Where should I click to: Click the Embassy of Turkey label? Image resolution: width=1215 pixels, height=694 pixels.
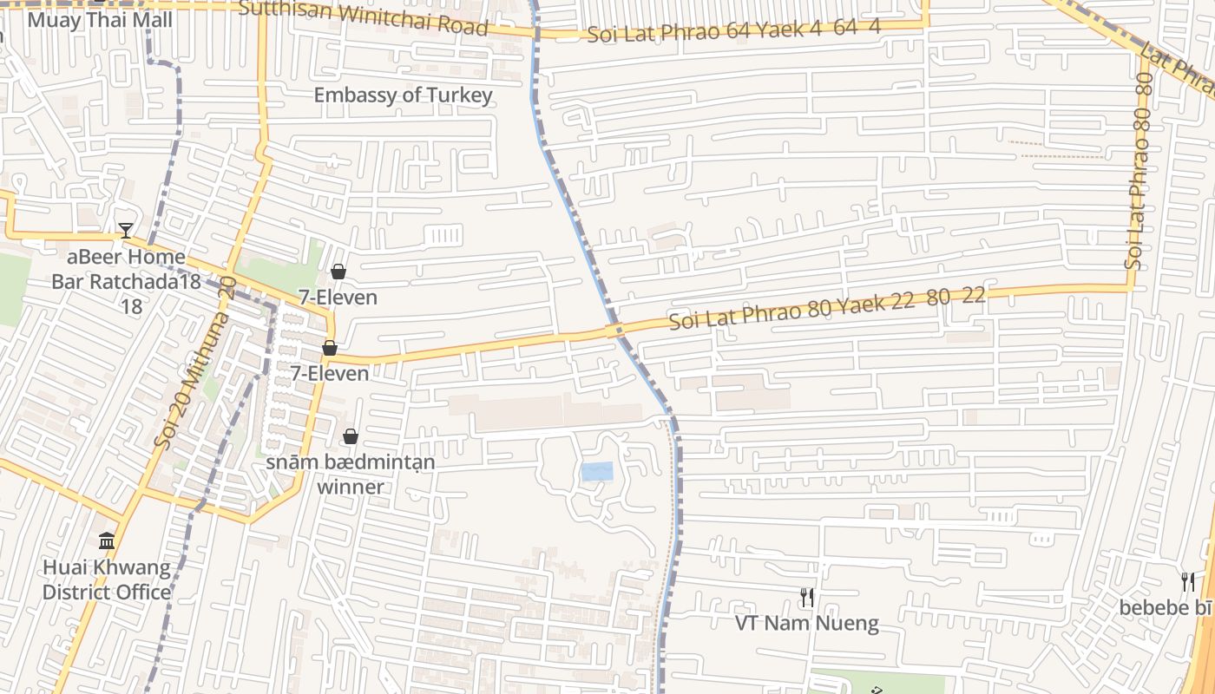(403, 95)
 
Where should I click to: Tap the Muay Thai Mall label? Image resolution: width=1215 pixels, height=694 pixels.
(101, 19)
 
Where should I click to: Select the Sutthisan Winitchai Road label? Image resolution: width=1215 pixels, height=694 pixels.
(363, 17)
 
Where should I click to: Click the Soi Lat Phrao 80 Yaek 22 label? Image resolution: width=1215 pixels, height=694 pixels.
(826, 309)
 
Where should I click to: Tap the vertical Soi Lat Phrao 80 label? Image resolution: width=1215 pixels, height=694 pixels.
(1140, 171)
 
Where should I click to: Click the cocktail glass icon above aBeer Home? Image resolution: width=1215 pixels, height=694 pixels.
(126, 230)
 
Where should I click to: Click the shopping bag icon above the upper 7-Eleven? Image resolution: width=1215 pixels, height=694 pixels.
(338, 272)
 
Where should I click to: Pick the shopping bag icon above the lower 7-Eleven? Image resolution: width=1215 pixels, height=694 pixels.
(330, 348)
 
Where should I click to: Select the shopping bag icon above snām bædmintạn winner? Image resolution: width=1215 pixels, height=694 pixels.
(351, 436)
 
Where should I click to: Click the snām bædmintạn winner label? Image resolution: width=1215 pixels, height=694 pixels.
(351, 475)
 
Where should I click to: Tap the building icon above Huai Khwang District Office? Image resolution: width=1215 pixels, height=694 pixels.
(107, 541)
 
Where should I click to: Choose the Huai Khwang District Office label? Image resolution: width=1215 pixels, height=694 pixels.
(107, 580)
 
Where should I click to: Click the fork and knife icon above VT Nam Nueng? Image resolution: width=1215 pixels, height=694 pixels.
(807, 597)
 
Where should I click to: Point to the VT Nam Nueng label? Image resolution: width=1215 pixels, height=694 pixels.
(807, 623)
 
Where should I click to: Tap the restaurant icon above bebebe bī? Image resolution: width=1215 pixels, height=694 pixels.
(1188, 581)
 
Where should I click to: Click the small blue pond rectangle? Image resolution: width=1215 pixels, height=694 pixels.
(597, 472)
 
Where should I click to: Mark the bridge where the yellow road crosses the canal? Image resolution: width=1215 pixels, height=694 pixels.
(614, 331)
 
